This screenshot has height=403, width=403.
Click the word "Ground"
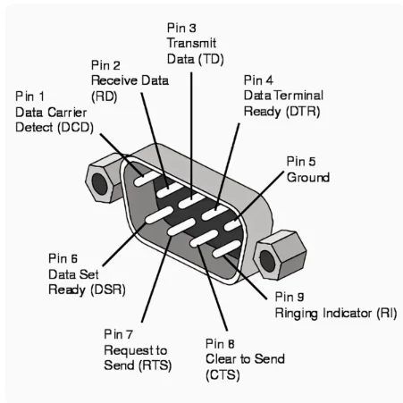point(307,177)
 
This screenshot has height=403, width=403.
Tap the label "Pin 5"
point(301,162)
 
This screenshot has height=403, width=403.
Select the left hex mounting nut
point(104,180)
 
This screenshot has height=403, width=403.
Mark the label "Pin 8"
point(220,343)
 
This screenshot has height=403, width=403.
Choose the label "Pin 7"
point(120,333)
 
